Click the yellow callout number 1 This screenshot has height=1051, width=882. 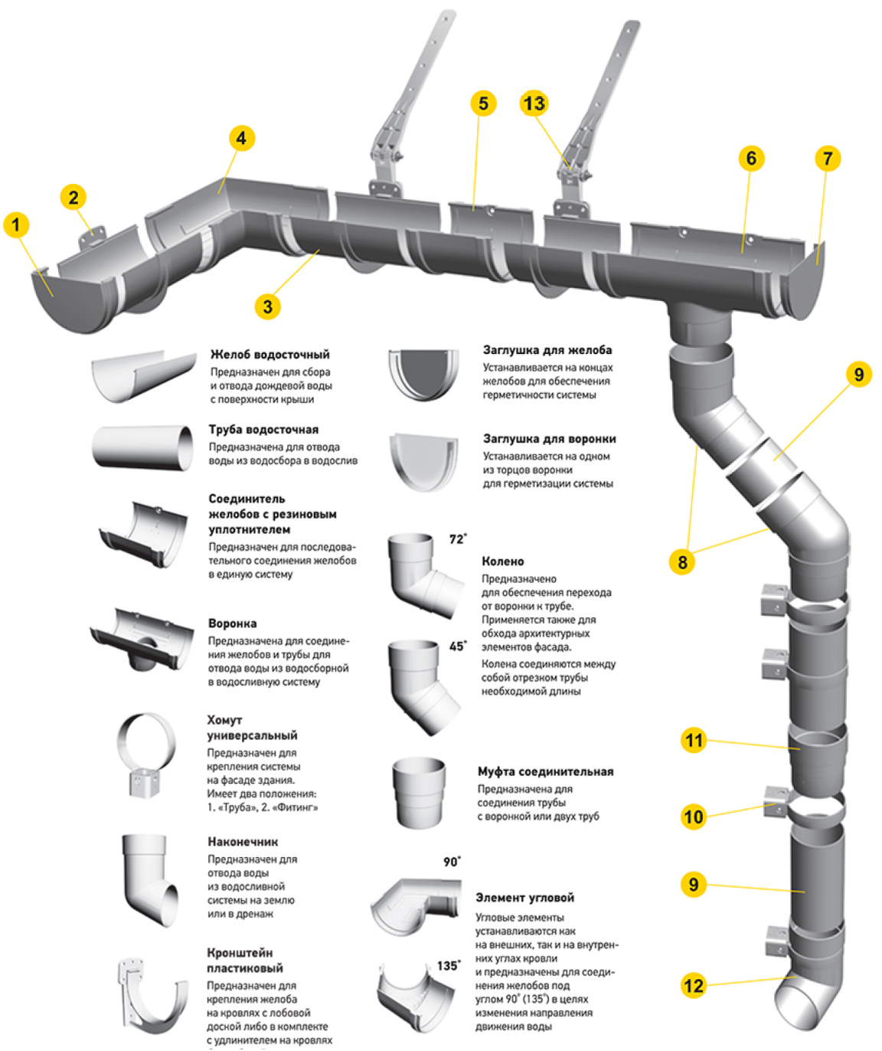pos(16,225)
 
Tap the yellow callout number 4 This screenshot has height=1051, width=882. pos(241,138)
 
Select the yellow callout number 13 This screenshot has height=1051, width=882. pos(534,103)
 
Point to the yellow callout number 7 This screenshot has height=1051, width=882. pos(828,159)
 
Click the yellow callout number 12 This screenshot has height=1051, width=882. pos(693,985)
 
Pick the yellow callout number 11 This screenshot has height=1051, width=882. pos(694,740)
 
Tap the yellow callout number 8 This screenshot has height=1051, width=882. pos(682,562)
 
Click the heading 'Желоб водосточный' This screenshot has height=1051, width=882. pos(269,355)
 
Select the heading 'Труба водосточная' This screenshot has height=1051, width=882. pos(263,430)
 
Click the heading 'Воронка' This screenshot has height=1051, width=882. pos(232,624)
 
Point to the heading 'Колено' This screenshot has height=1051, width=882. pos(503,561)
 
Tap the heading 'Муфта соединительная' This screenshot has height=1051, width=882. pos(545,771)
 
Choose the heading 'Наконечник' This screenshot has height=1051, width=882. pos(243,842)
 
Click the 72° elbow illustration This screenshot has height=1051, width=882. pos(422,574)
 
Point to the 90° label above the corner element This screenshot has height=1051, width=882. pos(452,862)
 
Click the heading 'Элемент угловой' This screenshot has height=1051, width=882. pos(524,898)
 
